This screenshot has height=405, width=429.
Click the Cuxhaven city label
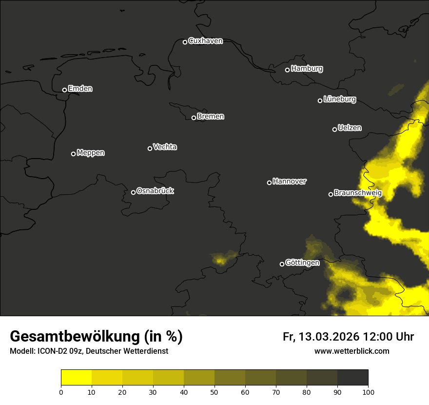tap(205, 41)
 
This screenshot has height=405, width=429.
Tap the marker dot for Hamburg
tap(287, 70)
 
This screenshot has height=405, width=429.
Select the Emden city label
tap(80, 89)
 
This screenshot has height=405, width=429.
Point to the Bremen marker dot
tap(194, 118)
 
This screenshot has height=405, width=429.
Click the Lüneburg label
tap(339, 100)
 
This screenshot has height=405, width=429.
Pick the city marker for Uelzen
tap(334, 129)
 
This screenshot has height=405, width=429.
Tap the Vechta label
tap(165, 147)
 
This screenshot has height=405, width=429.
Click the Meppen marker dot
tap(73, 154)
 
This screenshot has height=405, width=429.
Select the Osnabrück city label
tap(155, 191)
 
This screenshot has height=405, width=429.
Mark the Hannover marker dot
tap(269, 182)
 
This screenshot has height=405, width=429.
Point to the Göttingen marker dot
tap(282, 264)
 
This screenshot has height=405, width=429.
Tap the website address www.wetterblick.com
tap(352, 351)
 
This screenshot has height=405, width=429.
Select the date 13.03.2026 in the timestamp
tap(329, 337)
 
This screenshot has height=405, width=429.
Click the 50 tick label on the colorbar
tap(214, 392)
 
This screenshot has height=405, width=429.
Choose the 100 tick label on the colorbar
tap(368, 392)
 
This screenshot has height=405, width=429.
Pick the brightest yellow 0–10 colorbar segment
tap(77, 378)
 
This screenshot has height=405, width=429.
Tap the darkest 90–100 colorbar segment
tap(352, 378)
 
